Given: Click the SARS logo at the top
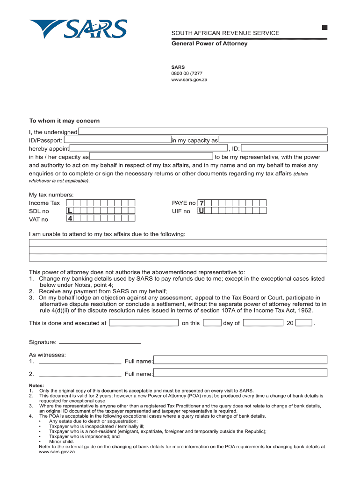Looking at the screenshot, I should (x=78, y=29).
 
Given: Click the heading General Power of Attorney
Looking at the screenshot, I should (x=209, y=44).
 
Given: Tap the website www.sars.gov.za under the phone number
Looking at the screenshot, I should (x=189, y=80).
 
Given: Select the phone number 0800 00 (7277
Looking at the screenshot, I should (x=187, y=73).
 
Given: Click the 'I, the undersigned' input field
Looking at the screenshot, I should (x=202, y=131).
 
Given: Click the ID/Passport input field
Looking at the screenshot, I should (x=117, y=140).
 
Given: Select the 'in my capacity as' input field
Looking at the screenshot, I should (x=273, y=140).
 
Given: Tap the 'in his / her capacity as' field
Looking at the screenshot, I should (x=151, y=157).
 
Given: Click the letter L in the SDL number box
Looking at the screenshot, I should (x=69, y=211).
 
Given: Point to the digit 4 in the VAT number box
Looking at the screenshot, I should (x=69, y=218).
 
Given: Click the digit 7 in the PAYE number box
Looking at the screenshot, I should (x=202, y=203).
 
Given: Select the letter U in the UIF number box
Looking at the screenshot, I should (x=202, y=211).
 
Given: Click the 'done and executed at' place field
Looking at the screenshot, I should (x=144, y=323).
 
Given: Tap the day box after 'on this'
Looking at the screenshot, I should (x=212, y=323).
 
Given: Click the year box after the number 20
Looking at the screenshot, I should (x=304, y=323).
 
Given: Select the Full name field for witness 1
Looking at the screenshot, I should (x=240, y=360).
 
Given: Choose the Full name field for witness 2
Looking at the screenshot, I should (x=240, y=373).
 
